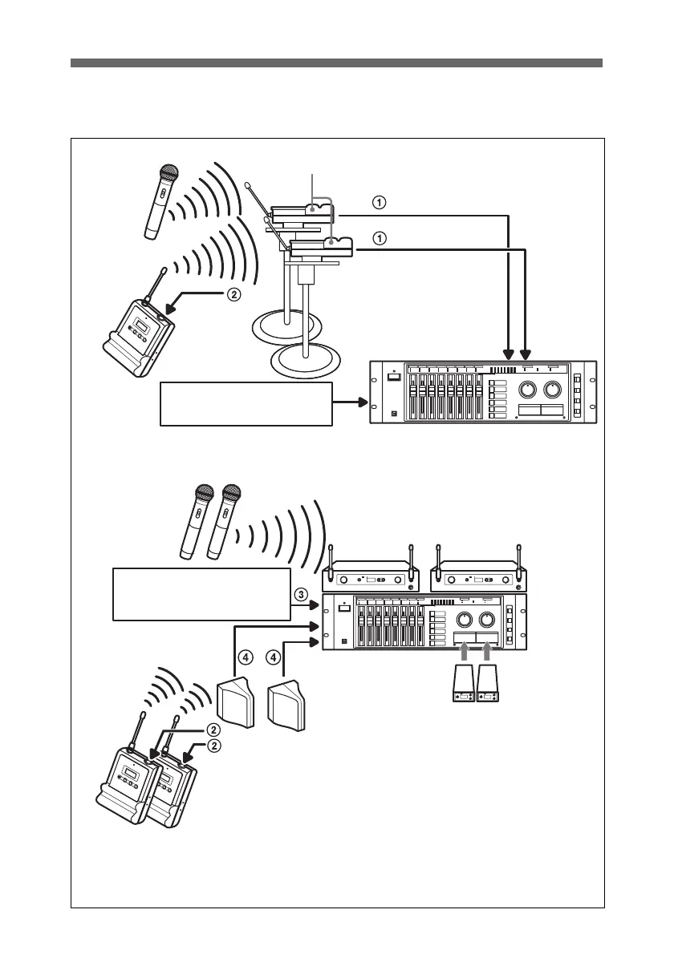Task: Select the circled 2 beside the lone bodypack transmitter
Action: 233,294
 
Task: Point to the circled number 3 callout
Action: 300,595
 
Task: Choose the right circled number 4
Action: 274,657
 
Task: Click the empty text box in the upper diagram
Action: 246,404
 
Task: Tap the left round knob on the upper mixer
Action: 527,390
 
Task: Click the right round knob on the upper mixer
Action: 554,390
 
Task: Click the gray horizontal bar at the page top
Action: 336,63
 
